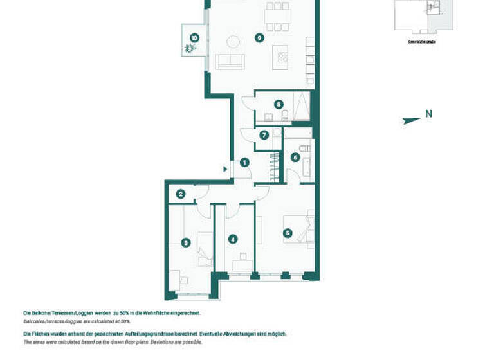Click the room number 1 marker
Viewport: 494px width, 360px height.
click(244, 163)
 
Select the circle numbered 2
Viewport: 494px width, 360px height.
click(181, 194)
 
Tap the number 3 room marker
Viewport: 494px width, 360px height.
click(186, 243)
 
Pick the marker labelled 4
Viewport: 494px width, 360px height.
click(233, 239)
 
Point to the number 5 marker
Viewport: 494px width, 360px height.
click(288, 233)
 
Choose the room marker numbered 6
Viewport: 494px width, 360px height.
click(295, 157)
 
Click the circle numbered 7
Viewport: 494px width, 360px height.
click(264, 135)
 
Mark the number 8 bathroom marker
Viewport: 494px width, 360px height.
click(278, 104)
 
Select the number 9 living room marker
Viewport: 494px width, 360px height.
click(259, 38)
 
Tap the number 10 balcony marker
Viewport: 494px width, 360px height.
click(194, 38)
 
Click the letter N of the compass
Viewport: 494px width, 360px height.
click(428, 114)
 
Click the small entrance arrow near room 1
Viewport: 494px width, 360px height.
click(224, 169)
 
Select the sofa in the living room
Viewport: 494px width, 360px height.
click(230, 62)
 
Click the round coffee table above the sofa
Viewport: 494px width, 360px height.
click(233, 42)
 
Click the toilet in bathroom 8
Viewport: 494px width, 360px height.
click(286, 116)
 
